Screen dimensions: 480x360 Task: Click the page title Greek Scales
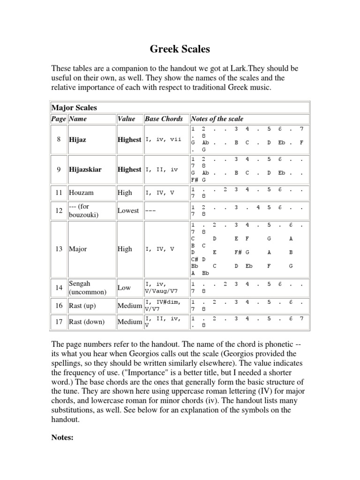coord(180,49)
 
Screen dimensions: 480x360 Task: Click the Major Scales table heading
coord(74,107)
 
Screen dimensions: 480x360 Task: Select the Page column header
coord(59,119)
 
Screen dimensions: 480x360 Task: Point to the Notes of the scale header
coord(217,119)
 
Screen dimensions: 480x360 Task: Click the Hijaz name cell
coord(78,140)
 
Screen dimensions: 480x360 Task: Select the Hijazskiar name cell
coord(86,169)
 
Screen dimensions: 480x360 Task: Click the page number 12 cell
coord(59,210)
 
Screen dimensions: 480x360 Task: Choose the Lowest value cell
coord(128,210)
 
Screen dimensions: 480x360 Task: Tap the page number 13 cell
coord(59,249)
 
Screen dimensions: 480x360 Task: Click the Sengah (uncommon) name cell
coord(88,288)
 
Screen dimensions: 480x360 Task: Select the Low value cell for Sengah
coord(125,288)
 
